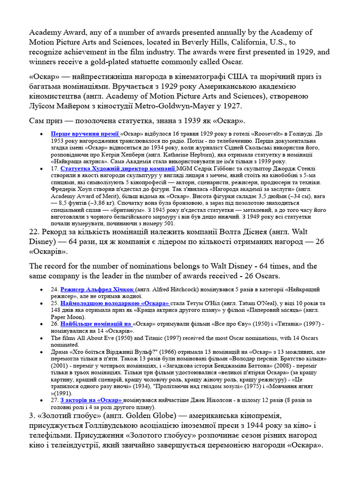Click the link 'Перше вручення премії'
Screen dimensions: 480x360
pyautogui.click(x=85, y=133)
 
